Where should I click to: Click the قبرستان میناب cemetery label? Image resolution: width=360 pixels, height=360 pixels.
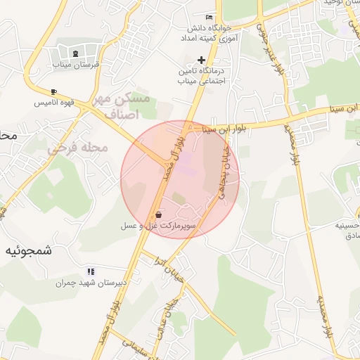pyautogui.click(x=77, y=64)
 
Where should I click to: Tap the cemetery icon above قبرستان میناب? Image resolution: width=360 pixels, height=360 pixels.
pyautogui.click(x=76, y=53)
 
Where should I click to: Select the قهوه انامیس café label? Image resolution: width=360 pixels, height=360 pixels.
pyautogui.click(x=55, y=103)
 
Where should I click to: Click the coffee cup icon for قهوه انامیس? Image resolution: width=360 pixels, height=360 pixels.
pyautogui.click(x=54, y=92)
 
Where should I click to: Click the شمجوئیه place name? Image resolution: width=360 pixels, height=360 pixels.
pyautogui.click(x=30, y=250)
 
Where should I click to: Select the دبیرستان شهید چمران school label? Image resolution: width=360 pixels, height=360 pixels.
pyautogui.click(x=91, y=283)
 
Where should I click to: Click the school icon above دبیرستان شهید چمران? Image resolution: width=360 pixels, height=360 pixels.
pyautogui.click(x=91, y=271)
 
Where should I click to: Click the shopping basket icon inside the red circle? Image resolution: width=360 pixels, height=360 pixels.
pyautogui.click(x=158, y=214)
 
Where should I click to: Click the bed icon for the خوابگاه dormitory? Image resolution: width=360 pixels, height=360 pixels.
pyautogui.click(x=209, y=17)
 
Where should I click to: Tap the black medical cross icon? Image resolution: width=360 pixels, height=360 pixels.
pyautogui.click(x=202, y=60)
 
